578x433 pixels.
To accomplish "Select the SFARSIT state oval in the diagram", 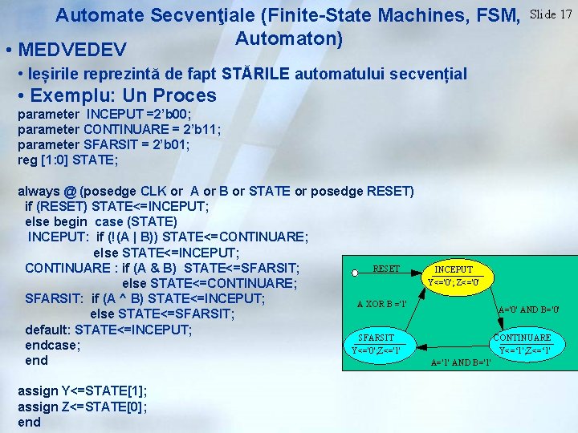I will pos(377,344).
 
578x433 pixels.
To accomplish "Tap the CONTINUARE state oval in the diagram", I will pos(522,343).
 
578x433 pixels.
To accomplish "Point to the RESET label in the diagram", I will pos(386,269).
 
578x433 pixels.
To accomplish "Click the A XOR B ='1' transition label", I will pos(381,303).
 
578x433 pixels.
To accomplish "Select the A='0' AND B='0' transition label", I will pos(528,310).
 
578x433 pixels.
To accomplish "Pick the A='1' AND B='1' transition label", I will pos(461,362).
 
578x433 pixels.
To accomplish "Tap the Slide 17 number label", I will pos(552,14).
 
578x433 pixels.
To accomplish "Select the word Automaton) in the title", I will pos(289,38).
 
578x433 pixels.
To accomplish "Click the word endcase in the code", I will pos(51,346).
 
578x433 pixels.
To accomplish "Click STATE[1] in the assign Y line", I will pos(125,391).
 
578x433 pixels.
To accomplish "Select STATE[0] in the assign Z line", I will pos(124,407).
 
